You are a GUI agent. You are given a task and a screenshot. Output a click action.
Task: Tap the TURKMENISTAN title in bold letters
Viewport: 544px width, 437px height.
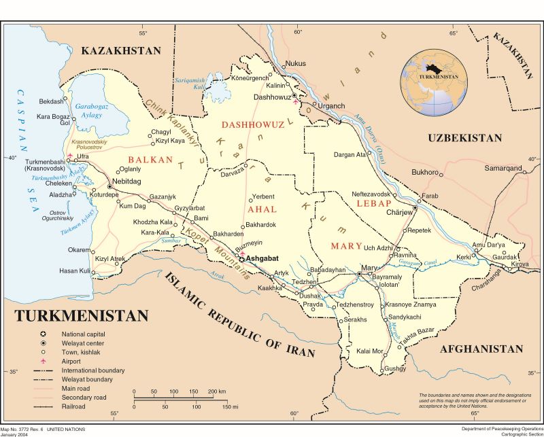[81, 316]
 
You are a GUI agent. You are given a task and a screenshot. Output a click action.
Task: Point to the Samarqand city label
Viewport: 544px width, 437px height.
[503, 168]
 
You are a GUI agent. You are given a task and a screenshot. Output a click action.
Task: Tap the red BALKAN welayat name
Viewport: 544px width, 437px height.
[150, 160]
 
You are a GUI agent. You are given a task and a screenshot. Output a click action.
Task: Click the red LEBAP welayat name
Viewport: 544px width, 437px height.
[376, 203]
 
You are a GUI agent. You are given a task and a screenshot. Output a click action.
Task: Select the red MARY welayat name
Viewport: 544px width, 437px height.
[345, 245]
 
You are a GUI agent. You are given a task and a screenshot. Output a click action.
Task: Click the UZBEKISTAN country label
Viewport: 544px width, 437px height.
[464, 138]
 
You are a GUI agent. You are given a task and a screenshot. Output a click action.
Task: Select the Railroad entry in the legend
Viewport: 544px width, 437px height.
[75, 406]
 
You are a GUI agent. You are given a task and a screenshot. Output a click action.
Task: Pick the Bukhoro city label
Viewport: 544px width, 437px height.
[425, 172]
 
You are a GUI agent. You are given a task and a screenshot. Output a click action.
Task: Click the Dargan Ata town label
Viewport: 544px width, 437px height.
[350, 154]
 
